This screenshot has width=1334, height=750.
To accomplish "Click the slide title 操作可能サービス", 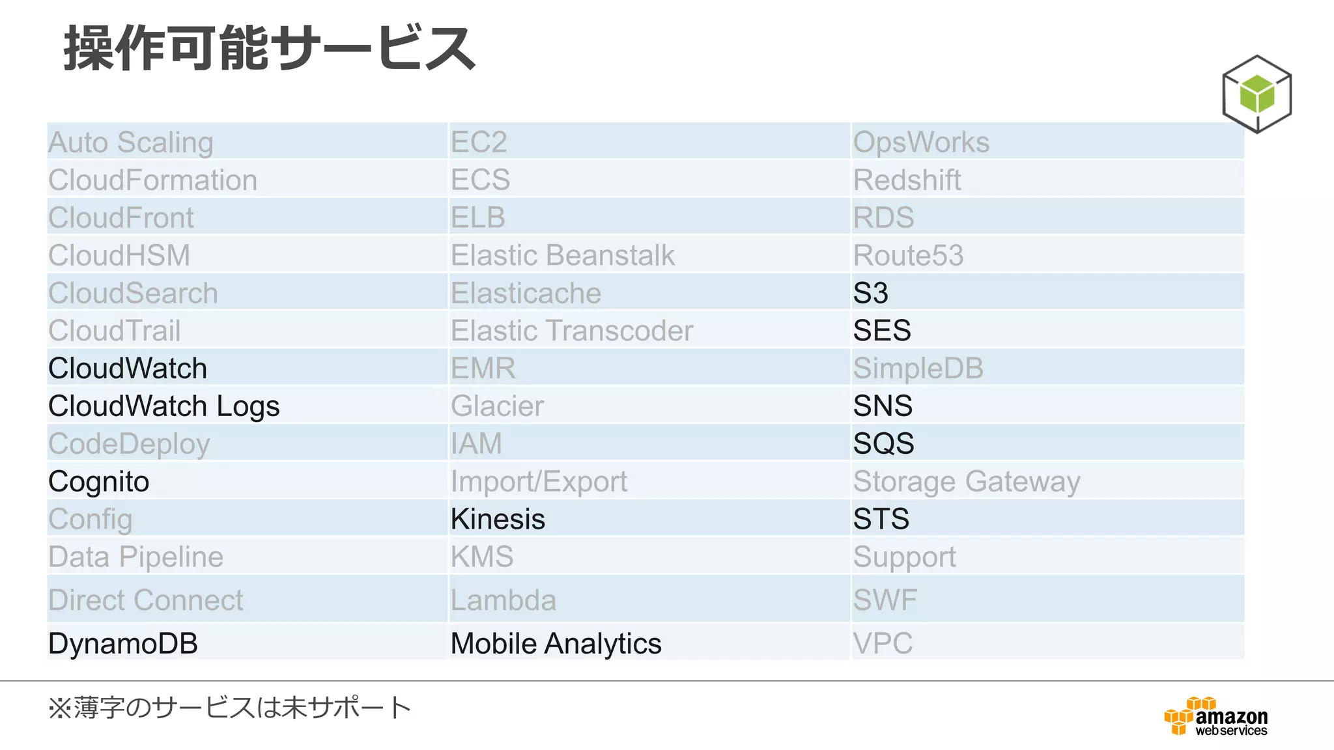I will coord(270,48).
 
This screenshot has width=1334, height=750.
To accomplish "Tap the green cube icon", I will coord(1256,94).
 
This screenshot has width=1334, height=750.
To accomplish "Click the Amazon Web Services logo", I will coord(1215,717).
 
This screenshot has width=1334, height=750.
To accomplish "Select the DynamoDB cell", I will coord(123,643).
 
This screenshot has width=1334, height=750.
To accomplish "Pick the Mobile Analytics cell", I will coord(556,643).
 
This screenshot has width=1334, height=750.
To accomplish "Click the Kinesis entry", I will coord(498,519).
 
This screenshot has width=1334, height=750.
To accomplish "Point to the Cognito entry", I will coord(99,482).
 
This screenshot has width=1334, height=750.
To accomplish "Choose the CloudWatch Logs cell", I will coord(164,406).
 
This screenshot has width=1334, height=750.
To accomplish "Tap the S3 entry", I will coord(870,293).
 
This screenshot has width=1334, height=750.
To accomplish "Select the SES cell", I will coord(882,331).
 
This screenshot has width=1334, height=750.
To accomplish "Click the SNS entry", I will coord(883,406).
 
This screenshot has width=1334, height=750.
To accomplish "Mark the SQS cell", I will coord(883,444).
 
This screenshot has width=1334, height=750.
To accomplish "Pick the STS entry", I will coord(881,519).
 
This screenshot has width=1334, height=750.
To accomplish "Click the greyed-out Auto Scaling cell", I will coord(131,143).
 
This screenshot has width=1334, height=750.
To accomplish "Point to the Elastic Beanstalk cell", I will coord(563,255).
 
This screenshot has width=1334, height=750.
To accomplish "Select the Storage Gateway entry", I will coord(967,482).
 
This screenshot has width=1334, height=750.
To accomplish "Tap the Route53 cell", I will coord(908,255).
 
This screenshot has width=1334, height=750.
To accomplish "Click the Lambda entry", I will coord(504,600).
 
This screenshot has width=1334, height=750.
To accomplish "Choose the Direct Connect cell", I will coord(146,600).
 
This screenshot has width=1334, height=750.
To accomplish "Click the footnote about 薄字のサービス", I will coord(229,708).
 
